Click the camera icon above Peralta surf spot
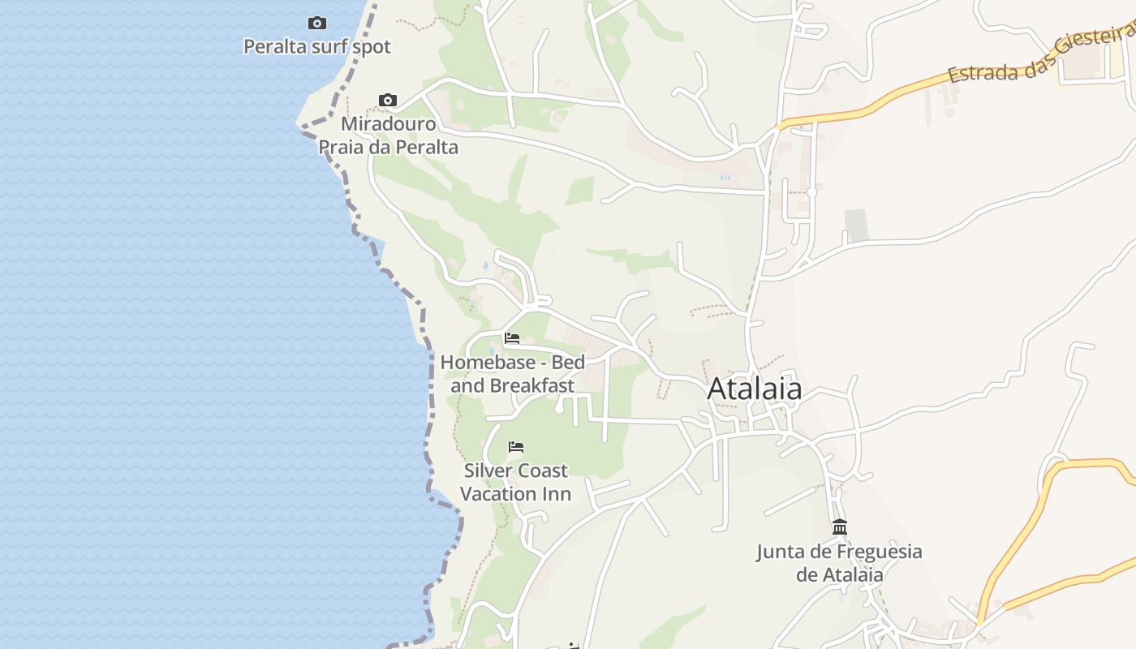pos(317,23)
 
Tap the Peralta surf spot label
pos(317,47)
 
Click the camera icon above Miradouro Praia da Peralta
pos(388,100)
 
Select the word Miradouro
pos(388,124)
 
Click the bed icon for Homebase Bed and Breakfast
pos(512,338)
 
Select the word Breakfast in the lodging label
pos(534,385)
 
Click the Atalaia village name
pos(755,389)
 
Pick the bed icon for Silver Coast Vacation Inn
pos(516,447)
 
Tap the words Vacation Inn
pos(516,494)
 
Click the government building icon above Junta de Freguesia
pos(840,527)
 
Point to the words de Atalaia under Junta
pos(839,575)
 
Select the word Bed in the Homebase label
pos(567,362)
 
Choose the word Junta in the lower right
pos(781,552)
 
